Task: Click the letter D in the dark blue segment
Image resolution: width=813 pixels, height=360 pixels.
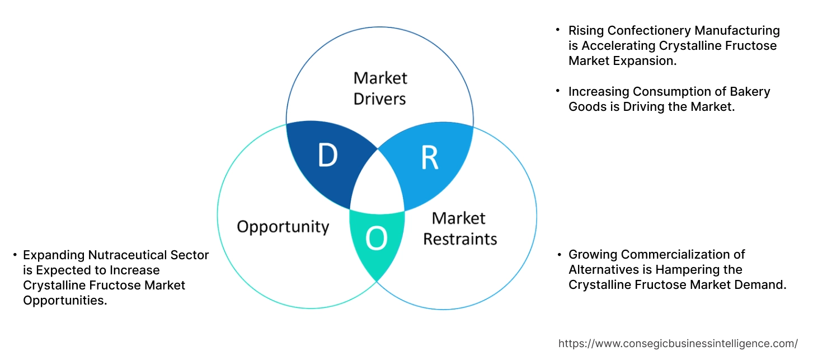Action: [x=327, y=156]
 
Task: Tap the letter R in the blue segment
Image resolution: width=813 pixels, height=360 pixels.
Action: [x=429, y=158]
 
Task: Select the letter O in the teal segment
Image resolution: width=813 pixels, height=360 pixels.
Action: [x=376, y=239]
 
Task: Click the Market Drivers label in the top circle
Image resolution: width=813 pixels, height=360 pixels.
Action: [x=380, y=88]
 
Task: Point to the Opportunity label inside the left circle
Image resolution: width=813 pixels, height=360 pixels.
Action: [x=283, y=227]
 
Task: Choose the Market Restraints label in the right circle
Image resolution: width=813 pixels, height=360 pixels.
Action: [x=459, y=228]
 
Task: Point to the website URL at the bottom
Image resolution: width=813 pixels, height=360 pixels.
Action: [x=678, y=343]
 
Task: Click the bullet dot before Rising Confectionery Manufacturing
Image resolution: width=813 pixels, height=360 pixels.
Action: [x=558, y=29]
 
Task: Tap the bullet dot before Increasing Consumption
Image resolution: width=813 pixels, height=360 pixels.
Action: [x=558, y=90]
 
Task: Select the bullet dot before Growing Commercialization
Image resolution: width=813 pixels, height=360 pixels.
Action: [x=558, y=254]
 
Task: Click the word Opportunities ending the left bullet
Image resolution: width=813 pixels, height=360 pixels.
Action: [x=64, y=301]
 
